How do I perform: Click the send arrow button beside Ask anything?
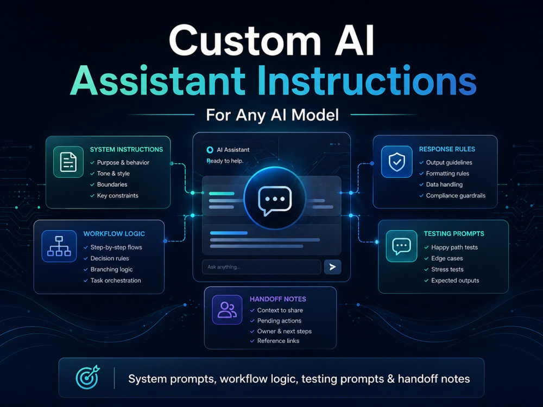332,267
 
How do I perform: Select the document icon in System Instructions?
68,162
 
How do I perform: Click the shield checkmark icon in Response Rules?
397,162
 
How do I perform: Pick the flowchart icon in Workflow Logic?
59,246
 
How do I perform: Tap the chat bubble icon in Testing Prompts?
401,246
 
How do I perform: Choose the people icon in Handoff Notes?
227,310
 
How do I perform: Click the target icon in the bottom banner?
87,378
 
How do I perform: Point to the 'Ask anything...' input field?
262,267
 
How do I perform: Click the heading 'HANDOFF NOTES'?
277,299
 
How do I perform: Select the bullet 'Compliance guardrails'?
456,195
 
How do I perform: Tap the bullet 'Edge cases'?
447,258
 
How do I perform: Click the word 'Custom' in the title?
245,41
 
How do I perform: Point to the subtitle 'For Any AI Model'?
272,115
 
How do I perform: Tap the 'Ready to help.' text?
225,161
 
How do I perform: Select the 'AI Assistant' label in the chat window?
233,150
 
